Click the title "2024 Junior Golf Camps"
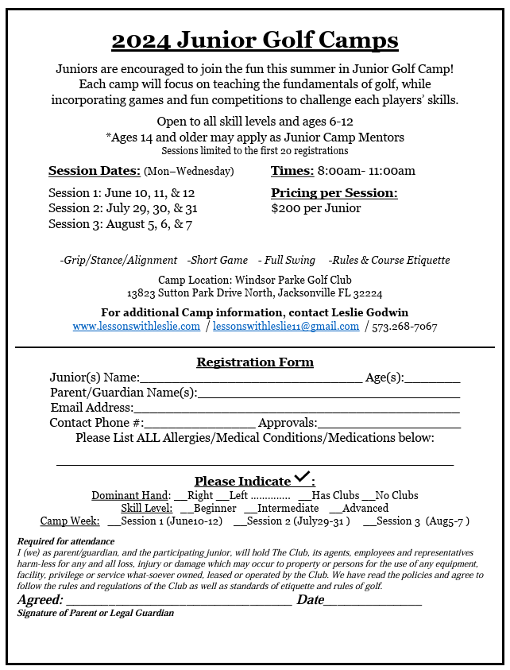(254, 40)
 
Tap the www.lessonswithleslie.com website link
(136, 327)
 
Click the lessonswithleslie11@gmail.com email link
(286, 327)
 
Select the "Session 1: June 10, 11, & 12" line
(122, 193)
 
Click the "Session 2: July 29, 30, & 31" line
(123, 208)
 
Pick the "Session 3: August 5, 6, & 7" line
(120, 223)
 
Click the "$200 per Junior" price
(315, 208)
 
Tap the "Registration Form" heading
(255, 362)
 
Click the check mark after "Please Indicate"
(302, 478)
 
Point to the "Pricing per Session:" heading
(334, 193)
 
